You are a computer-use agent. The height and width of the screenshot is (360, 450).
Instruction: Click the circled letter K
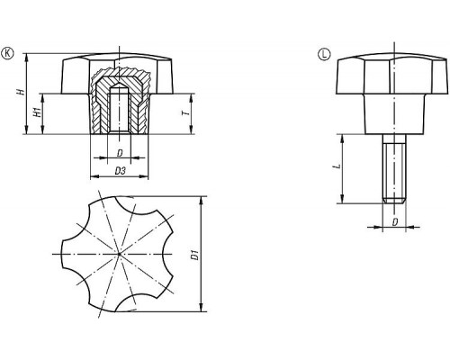tap(7, 53)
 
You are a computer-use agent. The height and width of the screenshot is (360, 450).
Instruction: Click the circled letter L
tap(324, 54)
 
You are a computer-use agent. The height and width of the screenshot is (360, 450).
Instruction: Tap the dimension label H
tap(21, 92)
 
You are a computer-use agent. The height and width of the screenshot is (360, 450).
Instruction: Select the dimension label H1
tap(37, 112)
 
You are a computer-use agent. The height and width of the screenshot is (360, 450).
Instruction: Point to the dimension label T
tap(186, 113)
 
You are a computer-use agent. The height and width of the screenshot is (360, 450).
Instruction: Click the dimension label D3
tap(120, 171)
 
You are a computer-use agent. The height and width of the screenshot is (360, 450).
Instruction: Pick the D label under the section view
tap(120, 153)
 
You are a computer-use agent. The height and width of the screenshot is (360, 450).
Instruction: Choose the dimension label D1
tap(195, 255)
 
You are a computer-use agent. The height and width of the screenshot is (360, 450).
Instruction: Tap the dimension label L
tap(338, 166)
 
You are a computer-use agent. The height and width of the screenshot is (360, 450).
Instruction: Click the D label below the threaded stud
tap(395, 222)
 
